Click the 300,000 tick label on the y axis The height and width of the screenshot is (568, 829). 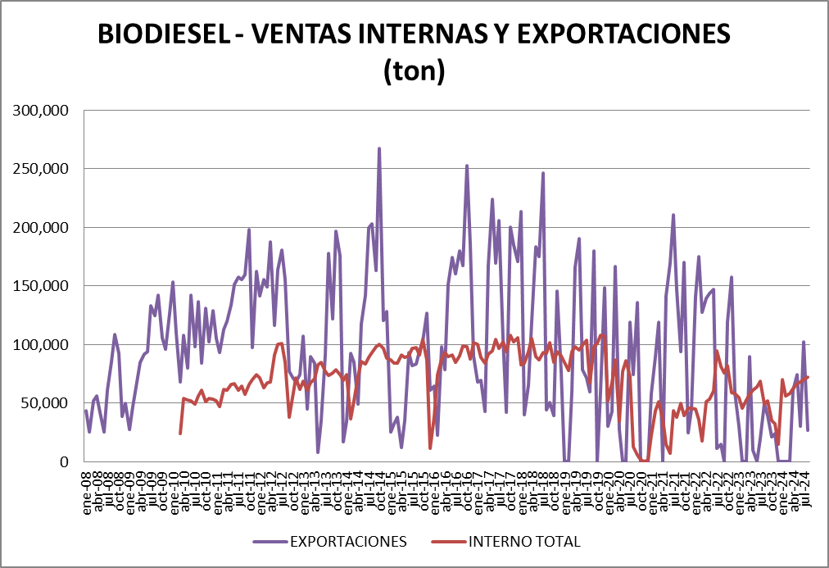pyautogui.click(x=41, y=110)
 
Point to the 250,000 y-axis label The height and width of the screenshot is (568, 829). pyautogui.click(x=41, y=169)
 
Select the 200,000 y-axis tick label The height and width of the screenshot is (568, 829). pyautogui.click(x=41, y=227)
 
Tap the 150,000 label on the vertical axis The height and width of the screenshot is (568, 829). pyautogui.click(x=41, y=286)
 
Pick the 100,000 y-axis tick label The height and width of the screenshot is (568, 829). pyautogui.click(x=41, y=344)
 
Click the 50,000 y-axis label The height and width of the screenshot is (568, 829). pyautogui.click(x=45, y=403)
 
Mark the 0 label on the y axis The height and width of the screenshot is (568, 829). pyautogui.click(x=66, y=461)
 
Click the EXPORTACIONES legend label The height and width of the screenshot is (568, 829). pyautogui.click(x=347, y=542)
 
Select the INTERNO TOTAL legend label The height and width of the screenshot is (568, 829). pyautogui.click(x=524, y=542)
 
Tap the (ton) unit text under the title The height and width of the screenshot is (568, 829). pyautogui.click(x=414, y=72)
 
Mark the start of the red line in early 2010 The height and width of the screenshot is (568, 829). pyautogui.click(x=180, y=433)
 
